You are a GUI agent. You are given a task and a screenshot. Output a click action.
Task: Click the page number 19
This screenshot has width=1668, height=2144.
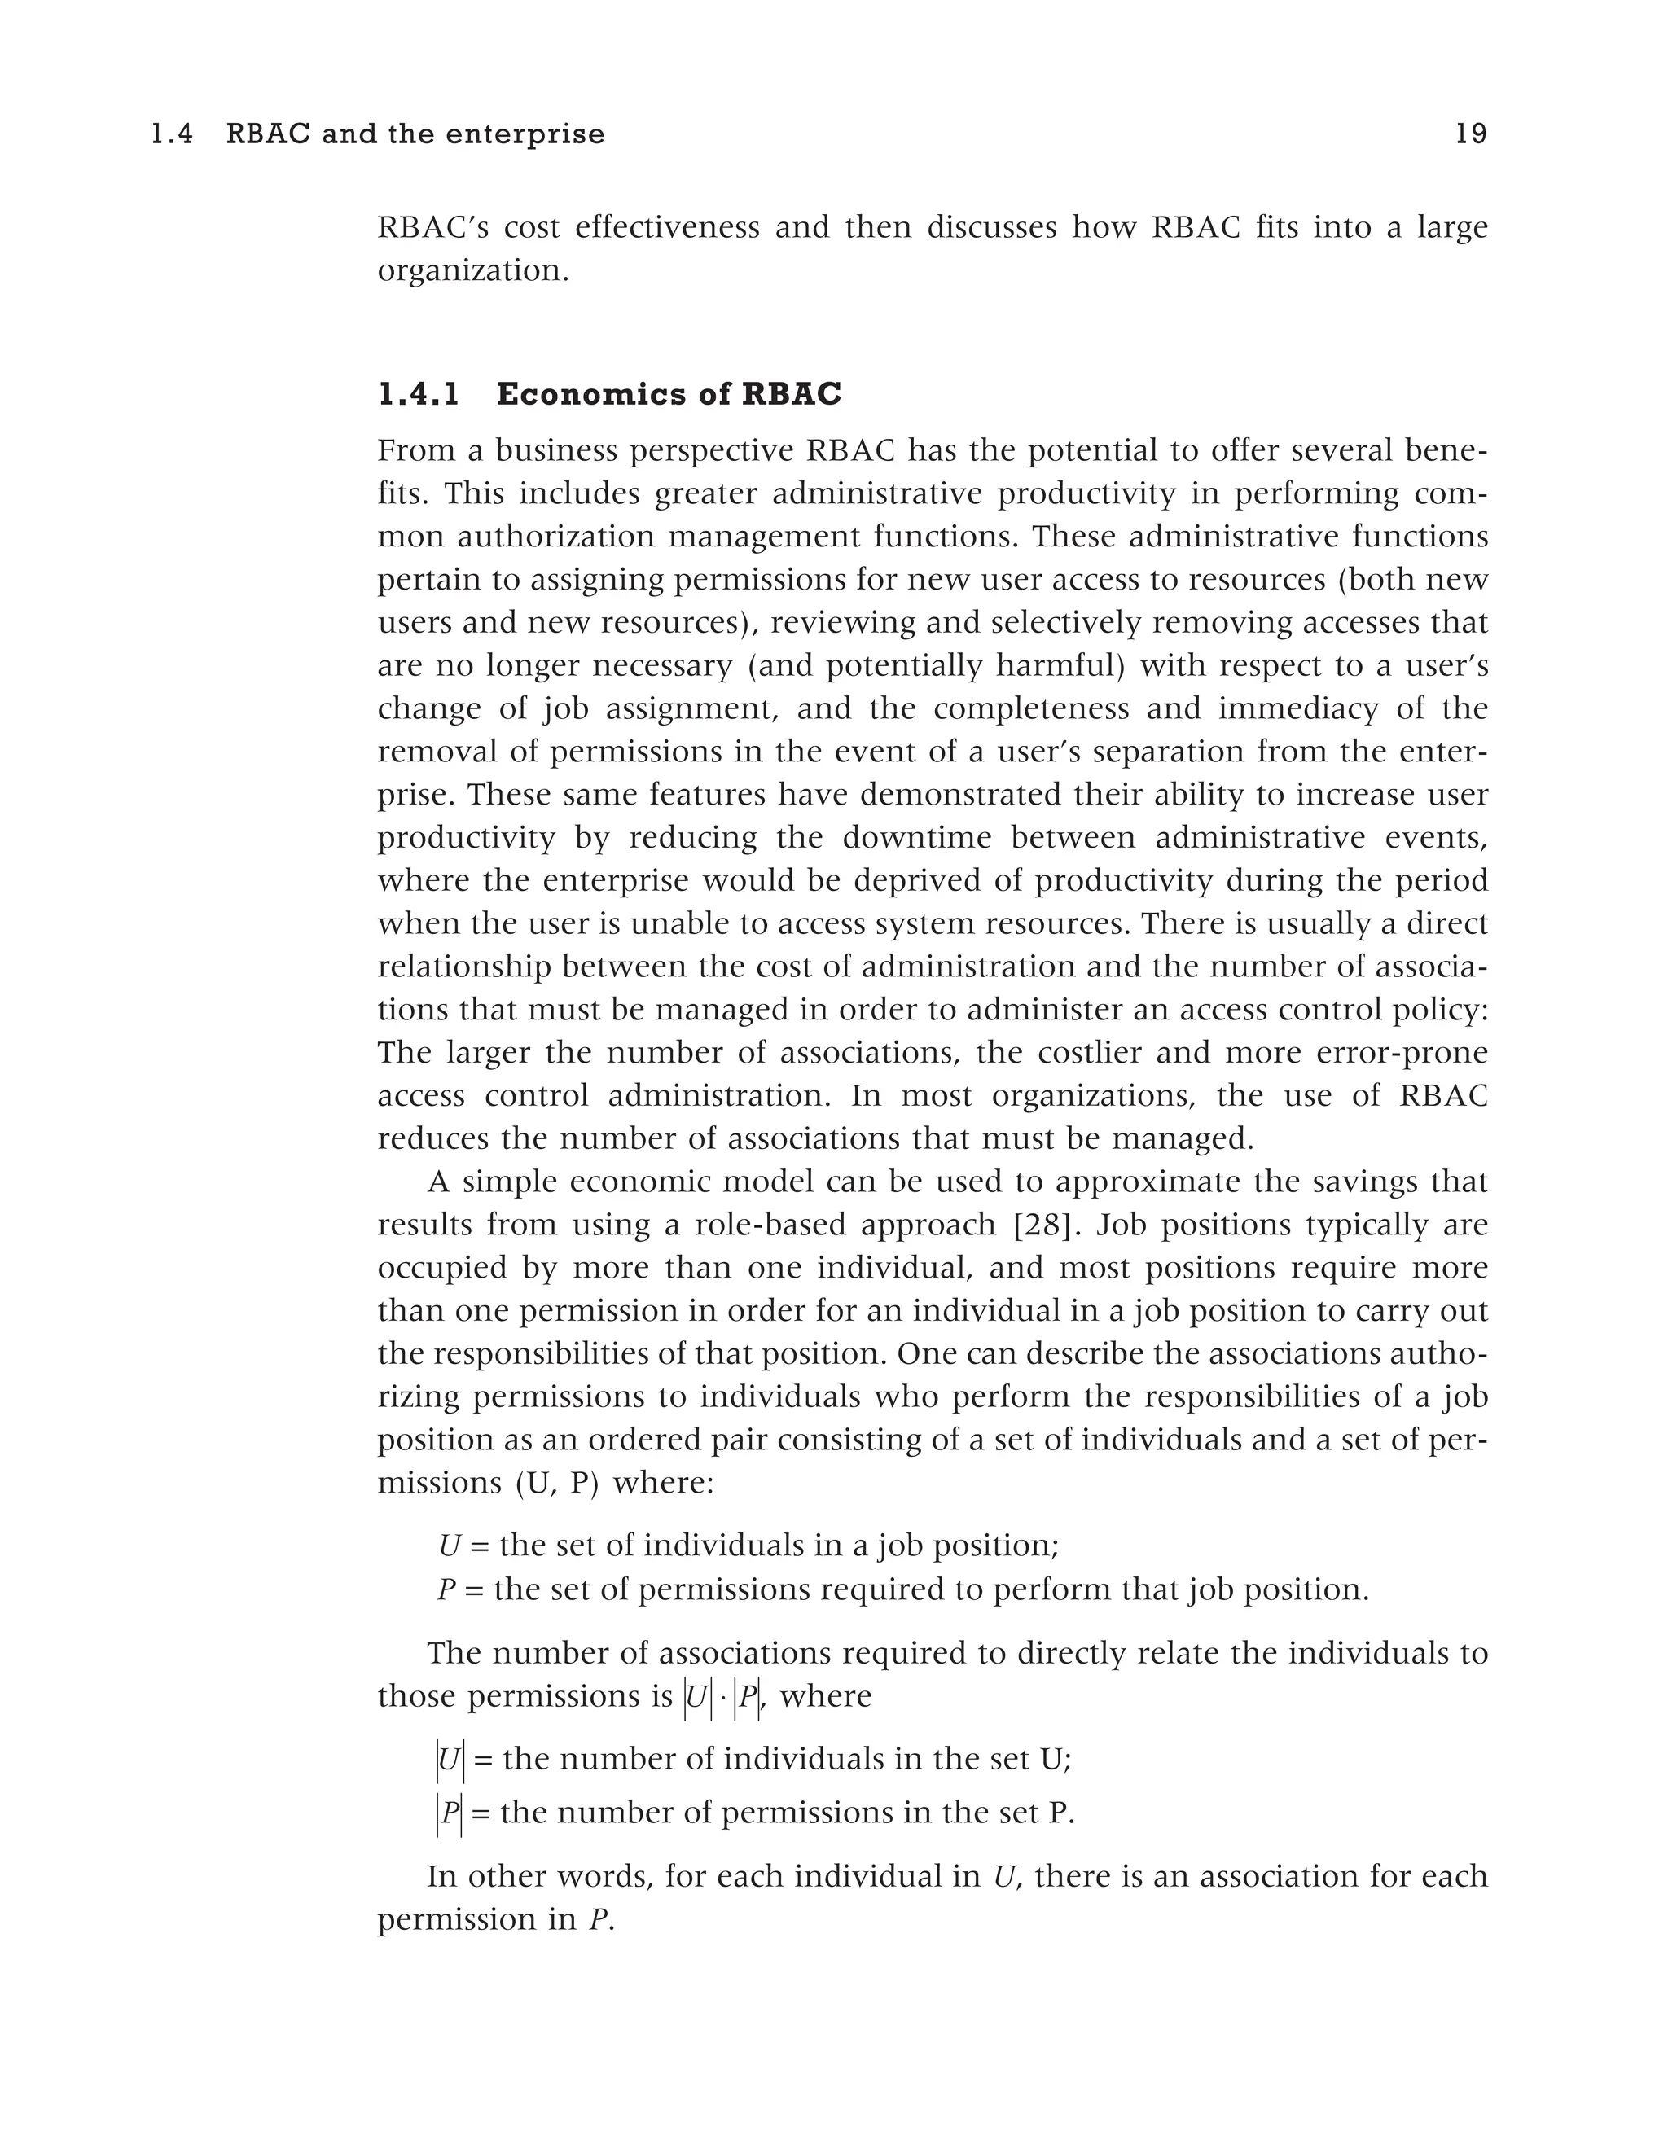pos(1470,134)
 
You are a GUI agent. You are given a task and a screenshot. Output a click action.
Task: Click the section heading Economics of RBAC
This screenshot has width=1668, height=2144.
pos(669,395)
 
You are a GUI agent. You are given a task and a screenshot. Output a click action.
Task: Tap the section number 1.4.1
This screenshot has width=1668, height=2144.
pos(419,395)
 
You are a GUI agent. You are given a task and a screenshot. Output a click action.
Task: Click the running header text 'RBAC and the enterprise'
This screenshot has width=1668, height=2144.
pos(415,134)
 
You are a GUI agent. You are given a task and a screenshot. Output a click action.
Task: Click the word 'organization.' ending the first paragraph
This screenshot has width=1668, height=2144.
pos(473,271)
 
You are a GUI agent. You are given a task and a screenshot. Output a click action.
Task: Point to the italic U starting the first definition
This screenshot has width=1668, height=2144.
pos(449,1546)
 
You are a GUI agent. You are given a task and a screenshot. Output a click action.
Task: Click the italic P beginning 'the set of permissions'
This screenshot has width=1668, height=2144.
pos(446,1589)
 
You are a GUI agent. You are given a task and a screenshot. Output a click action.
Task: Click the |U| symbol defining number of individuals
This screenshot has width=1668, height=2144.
pos(450,1760)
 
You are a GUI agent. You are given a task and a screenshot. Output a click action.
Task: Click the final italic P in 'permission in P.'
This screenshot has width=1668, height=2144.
pos(597,1920)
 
